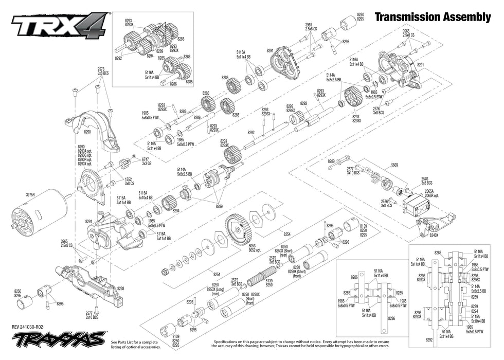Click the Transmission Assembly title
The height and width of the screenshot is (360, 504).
point(433,17)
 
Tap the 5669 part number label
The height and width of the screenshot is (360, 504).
point(394,165)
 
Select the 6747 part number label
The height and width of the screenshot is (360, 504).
point(146,159)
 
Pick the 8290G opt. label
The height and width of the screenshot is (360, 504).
point(84,156)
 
